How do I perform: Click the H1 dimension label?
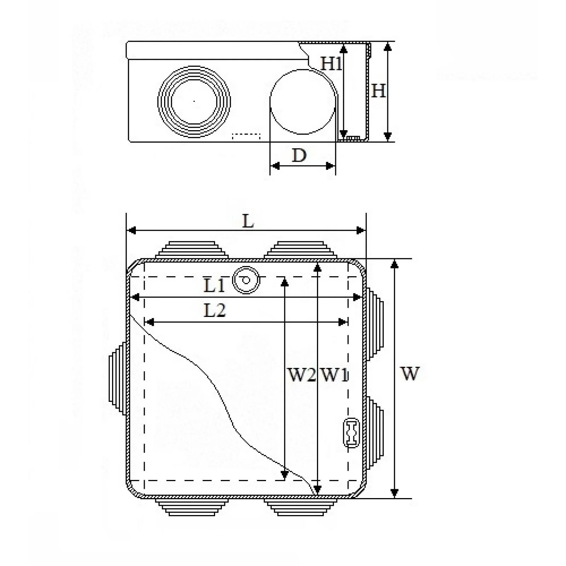tap(331, 64)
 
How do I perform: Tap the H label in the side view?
tap(378, 91)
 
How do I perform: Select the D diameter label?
tap(299, 155)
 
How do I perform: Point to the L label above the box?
tap(248, 221)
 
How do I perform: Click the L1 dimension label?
tap(214, 285)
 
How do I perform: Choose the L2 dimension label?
tap(215, 310)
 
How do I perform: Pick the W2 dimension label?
tap(301, 374)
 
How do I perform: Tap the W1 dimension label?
tap(334, 374)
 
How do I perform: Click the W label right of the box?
tap(410, 373)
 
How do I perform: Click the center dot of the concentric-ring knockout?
tap(194, 101)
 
